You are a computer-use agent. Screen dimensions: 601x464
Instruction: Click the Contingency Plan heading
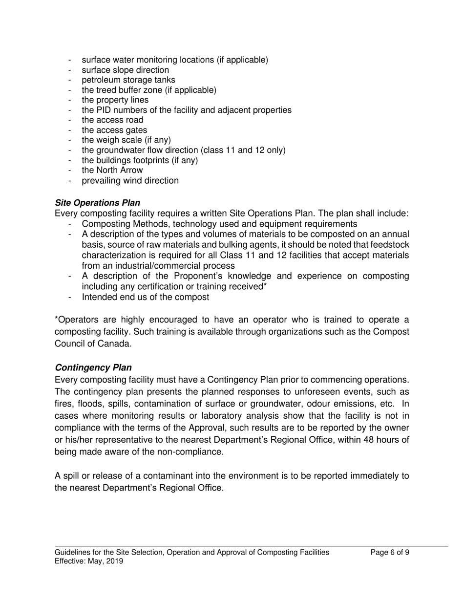[x=93, y=367]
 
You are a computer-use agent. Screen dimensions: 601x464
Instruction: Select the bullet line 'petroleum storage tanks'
[x=128, y=80]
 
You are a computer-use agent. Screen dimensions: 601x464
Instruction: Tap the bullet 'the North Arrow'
[x=112, y=170]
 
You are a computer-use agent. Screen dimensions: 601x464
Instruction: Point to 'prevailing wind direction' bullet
[x=130, y=181]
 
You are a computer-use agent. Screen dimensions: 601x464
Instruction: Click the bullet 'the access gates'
[x=114, y=130]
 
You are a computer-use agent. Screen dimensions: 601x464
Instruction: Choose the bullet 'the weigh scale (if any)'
[x=126, y=140]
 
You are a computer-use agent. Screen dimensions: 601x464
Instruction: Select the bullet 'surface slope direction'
[x=125, y=70]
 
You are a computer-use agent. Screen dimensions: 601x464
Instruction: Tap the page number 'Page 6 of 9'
[x=390, y=553]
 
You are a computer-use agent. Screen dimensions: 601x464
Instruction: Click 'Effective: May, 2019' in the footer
[x=89, y=561]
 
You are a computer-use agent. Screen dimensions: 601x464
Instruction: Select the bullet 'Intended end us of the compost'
[x=146, y=297]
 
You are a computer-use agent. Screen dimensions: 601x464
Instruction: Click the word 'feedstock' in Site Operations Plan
[x=391, y=245]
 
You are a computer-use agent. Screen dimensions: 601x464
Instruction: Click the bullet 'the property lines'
[x=115, y=100]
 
